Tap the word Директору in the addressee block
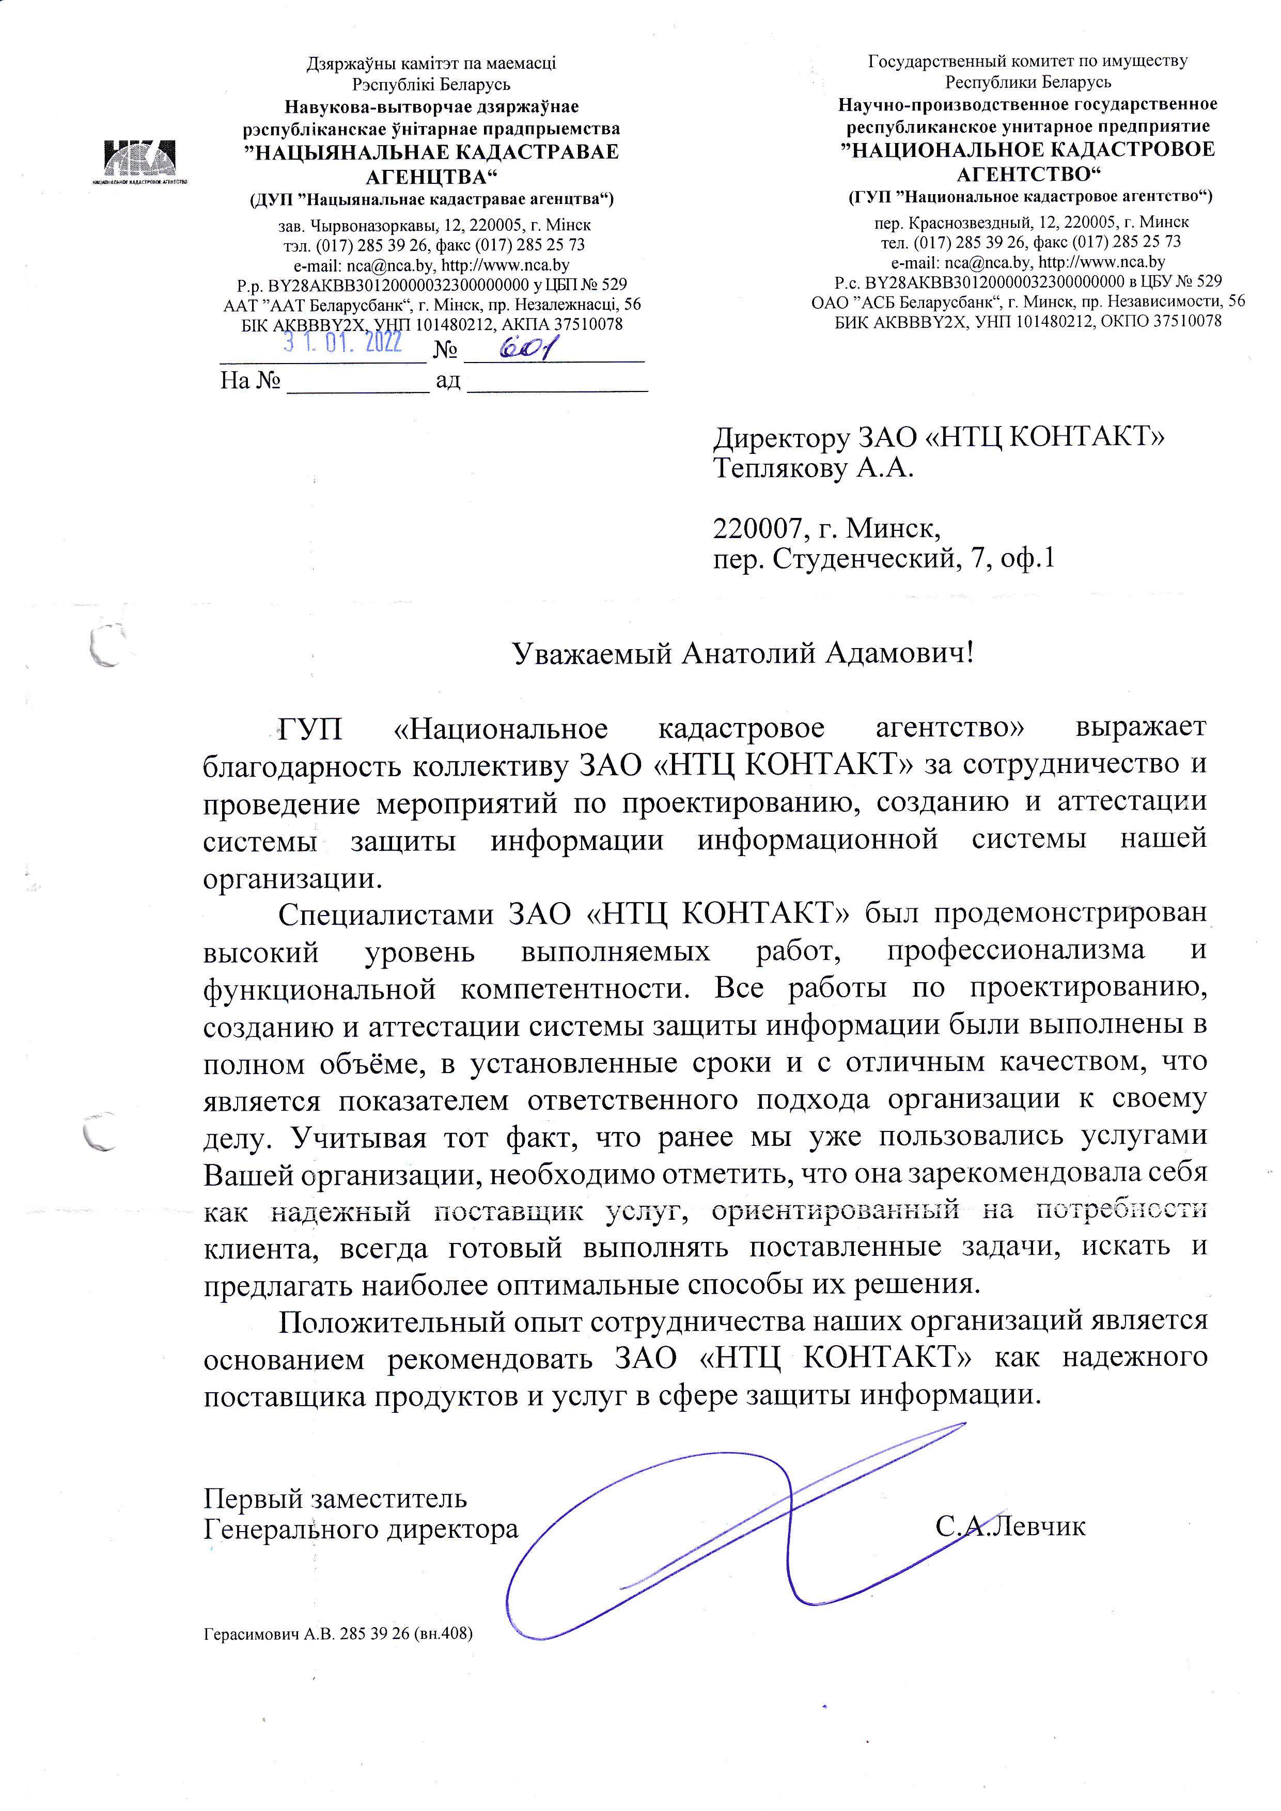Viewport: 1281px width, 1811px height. [780, 438]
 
